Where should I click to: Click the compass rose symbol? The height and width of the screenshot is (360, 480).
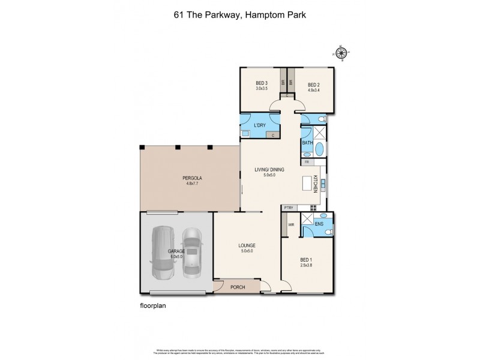tap(342, 53)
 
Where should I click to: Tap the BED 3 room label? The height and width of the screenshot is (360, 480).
tap(261, 83)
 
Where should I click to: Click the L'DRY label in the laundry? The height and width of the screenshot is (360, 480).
tap(260, 124)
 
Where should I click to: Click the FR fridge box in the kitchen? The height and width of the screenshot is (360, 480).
tap(307, 162)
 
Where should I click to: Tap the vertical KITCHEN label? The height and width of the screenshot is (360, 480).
tap(314, 184)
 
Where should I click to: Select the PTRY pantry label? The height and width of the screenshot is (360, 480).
tap(289, 208)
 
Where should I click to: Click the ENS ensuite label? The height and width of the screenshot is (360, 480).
tap(319, 225)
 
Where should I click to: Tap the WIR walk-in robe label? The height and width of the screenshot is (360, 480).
tap(292, 225)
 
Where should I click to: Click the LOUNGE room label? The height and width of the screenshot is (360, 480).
tap(247, 245)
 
